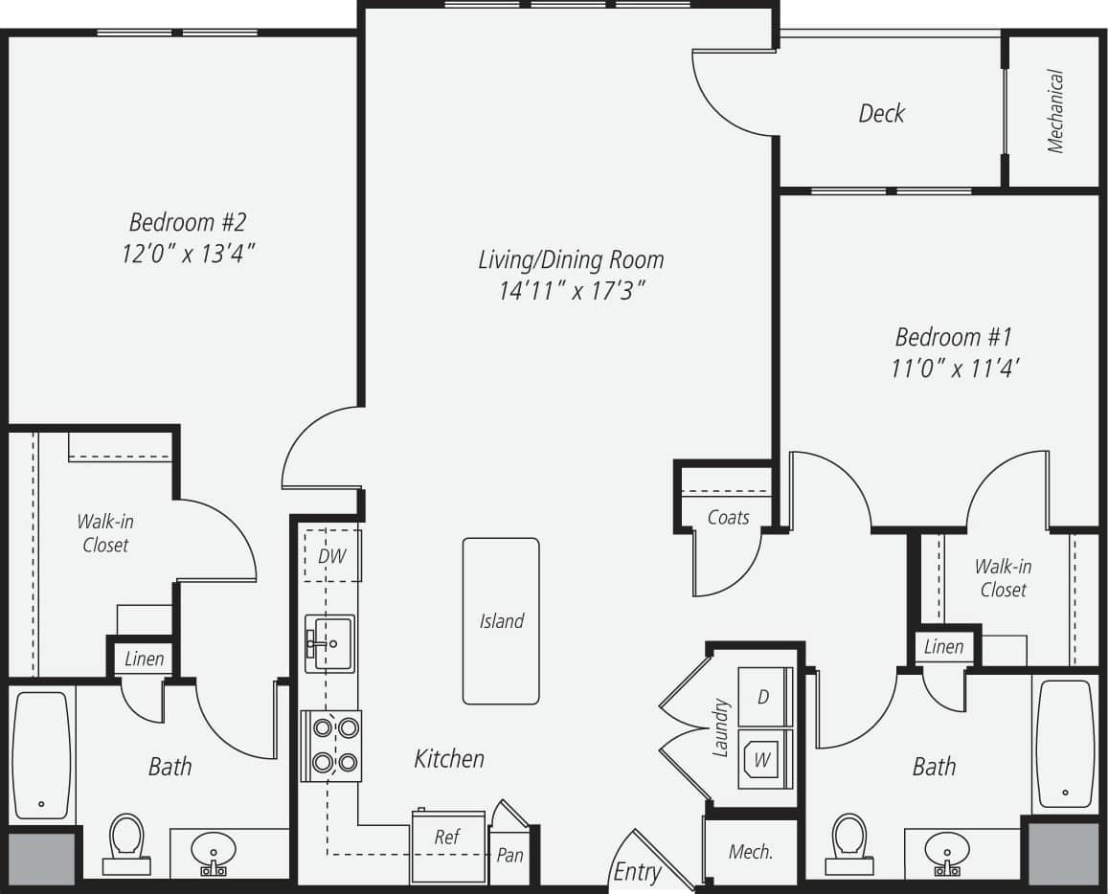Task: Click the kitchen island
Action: [x=501, y=620]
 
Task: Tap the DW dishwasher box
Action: [x=332, y=556]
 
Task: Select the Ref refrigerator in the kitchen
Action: [x=448, y=845]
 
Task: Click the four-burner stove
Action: [x=331, y=746]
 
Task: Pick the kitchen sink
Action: [x=330, y=643]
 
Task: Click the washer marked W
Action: [x=764, y=759]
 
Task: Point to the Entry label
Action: [x=637, y=872]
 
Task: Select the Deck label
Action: [x=881, y=113]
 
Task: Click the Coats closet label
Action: [x=728, y=517]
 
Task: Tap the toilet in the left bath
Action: [x=124, y=842]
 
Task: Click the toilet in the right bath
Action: [x=848, y=842]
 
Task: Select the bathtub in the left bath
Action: [x=41, y=753]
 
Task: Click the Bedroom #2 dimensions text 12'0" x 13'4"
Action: [x=188, y=254]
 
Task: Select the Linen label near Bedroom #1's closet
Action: [x=943, y=647]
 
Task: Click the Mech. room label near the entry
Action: [x=751, y=852]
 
